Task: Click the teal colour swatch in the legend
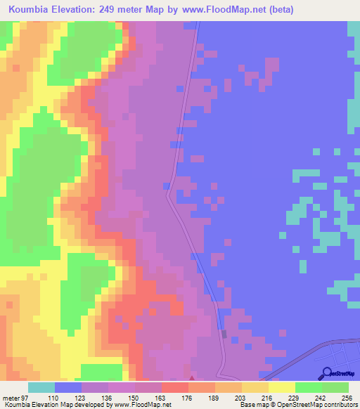point(41,387)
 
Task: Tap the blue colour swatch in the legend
point(68,387)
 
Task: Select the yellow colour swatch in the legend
point(282,387)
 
